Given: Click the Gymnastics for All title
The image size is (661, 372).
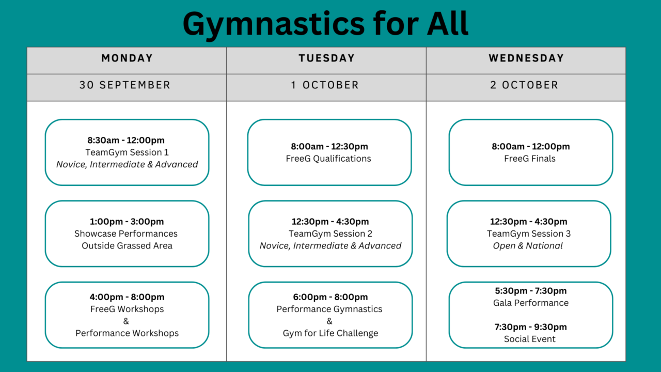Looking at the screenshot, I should tap(325, 24).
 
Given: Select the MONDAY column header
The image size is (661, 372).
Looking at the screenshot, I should tap(127, 58).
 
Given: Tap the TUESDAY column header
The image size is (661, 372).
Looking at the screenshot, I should tap(326, 58).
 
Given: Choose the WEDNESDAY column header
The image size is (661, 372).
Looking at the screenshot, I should tap(526, 58).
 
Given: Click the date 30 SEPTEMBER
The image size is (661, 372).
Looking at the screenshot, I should tap(125, 85).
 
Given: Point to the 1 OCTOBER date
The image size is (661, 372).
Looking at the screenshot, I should tap(325, 85).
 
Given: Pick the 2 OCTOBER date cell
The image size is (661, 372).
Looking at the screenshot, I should tap(524, 85).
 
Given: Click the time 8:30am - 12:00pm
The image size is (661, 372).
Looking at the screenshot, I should tap(126, 140).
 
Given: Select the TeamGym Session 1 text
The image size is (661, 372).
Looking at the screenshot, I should tap(127, 152).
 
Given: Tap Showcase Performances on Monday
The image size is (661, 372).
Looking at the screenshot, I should tap(126, 234).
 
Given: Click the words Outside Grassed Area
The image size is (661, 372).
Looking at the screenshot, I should tap(127, 245).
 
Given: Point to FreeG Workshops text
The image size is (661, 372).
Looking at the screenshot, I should tap(127, 309).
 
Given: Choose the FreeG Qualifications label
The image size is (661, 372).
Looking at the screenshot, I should tap(328, 159).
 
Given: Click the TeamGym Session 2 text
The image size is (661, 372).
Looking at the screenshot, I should tap(330, 234).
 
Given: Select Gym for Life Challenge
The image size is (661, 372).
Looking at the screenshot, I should tap(330, 333).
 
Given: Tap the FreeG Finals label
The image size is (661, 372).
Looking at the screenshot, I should tap(530, 159).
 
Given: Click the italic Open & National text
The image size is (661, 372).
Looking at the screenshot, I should tap(528, 245).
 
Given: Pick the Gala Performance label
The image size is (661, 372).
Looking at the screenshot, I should tap(531, 303).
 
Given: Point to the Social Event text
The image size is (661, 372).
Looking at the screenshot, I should tap(530, 339).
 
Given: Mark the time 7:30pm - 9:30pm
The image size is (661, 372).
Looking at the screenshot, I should tap(530, 327).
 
